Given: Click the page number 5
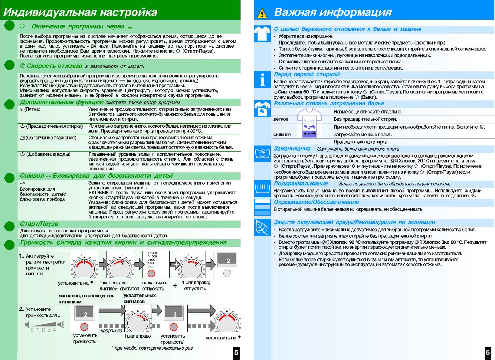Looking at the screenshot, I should pyautogui.click(x=236, y=352).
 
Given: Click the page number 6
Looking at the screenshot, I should pyautogui.click(x=488, y=352).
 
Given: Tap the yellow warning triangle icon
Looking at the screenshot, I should pyautogui.click(x=262, y=14).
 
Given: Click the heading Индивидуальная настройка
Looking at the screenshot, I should pyautogui.click(x=80, y=12).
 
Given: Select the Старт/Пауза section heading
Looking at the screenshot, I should pyautogui.click(x=39, y=224).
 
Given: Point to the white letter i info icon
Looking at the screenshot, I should pyautogui.click(x=262, y=80).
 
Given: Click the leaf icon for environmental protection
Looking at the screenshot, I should pyautogui.click(x=262, y=227).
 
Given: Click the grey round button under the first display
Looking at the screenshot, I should pyautogui.click(x=227, y=273).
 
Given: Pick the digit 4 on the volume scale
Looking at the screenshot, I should pyautogui.click(x=55, y=329).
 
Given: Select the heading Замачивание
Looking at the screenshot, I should pyautogui.click(x=292, y=149).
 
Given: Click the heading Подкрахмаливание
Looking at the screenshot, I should pyautogui.click(x=301, y=183).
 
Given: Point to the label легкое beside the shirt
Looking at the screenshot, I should pyautogui.click(x=281, y=119).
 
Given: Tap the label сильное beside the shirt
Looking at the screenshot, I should pyautogui.click(x=282, y=135).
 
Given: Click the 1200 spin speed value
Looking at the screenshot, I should pyautogui.click(x=153, y=253).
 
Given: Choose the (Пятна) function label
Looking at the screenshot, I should pyautogui.click(x=30, y=109).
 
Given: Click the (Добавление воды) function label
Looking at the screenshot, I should pyautogui.click(x=45, y=154).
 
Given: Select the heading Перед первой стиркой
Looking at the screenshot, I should pyautogui.click(x=307, y=74).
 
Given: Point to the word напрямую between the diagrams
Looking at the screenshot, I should pyautogui.click(x=111, y=331).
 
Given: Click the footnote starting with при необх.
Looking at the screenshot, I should pyautogui.click(x=152, y=348).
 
